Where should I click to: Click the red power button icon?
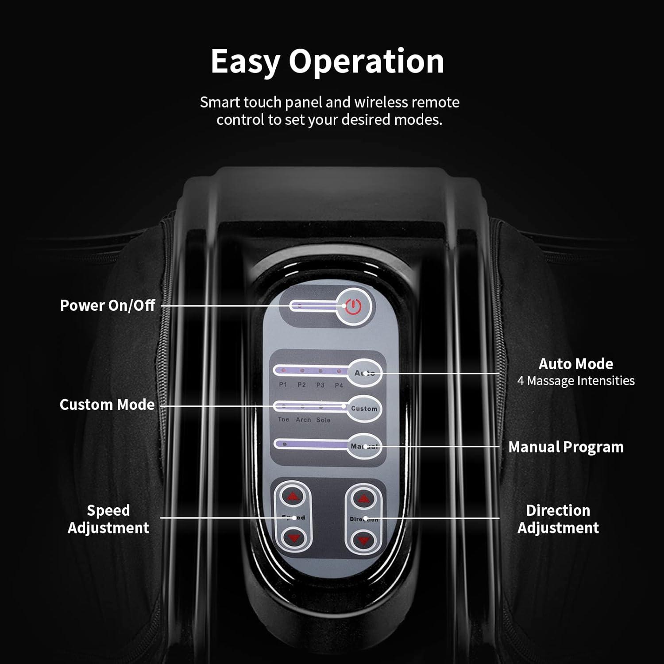coord(353,306)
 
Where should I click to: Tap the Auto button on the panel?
coord(365,373)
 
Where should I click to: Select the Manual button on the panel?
coord(364,446)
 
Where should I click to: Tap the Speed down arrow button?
coord(293,538)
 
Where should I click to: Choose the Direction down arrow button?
coord(363,540)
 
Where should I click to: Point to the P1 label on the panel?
coord(283,385)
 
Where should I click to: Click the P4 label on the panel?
coord(339,385)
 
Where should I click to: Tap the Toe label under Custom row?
coord(283,419)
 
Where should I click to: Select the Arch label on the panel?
coord(303,420)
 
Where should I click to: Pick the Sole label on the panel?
coord(323,420)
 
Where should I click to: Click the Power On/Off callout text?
coord(108,305)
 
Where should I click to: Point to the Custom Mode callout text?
coord(107,405)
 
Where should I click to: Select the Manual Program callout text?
coord(566,447)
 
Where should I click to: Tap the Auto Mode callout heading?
coord(575,364)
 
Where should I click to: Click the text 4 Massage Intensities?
coord(575,381)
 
